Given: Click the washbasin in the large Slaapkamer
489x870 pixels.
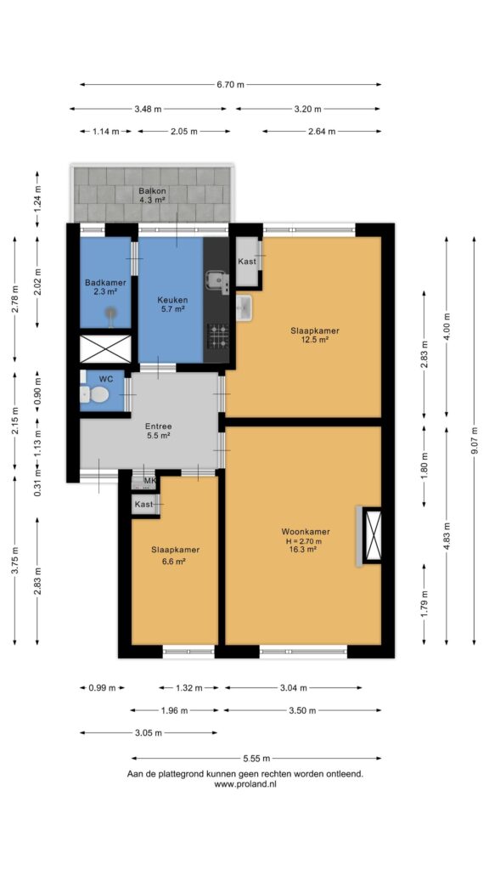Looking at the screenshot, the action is (244, 307).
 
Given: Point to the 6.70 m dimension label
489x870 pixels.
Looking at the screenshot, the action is (230, 85).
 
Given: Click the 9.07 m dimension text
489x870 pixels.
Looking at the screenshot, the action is (474, 441).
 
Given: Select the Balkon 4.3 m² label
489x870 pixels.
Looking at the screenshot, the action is (153, 195).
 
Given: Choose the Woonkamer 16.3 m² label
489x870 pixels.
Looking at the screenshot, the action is (306, 540).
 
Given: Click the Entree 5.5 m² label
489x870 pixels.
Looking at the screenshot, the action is (158, 431).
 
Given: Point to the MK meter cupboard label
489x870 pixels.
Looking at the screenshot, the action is (149, 481).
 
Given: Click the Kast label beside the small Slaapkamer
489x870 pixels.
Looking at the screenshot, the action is (144, 505).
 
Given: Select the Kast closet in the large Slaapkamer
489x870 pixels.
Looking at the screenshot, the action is (247, 262).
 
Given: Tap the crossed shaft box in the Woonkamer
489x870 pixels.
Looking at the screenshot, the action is (372, 535).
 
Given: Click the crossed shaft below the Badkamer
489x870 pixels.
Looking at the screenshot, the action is (105, 349).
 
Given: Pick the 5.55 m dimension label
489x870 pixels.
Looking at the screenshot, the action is (256, 759).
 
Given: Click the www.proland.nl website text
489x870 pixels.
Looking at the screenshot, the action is (245, 784).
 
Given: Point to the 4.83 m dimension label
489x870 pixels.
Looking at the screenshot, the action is (447, 536).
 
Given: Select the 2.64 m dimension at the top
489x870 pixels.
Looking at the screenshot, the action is (322, 132).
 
